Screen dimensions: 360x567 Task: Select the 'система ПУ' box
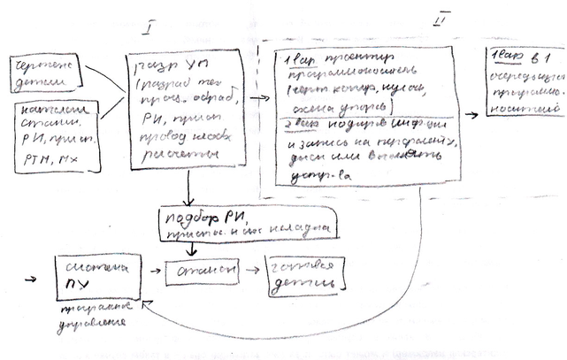(96, 274)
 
